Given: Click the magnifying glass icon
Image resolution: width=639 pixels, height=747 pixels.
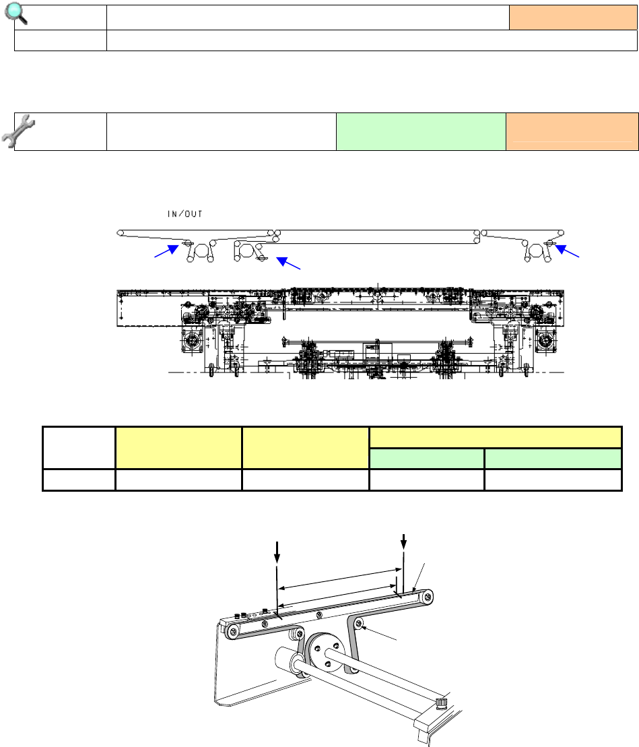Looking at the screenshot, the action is point(15,13).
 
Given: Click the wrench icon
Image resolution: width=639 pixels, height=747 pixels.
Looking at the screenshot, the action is point(18,131).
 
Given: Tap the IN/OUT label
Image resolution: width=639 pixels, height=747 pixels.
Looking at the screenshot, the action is point(184,214).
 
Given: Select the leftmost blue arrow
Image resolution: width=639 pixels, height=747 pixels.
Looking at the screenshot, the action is point(166,251).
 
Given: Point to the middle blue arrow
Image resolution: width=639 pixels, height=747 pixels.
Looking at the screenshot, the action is point(289,263).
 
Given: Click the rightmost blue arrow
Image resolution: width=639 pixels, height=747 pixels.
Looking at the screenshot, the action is point(568,251).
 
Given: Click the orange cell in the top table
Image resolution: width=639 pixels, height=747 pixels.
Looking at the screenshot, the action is point(573,18).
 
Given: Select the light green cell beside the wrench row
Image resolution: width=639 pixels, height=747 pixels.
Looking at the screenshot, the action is point(421,132).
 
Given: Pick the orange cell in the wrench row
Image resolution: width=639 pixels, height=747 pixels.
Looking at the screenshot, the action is point(572,132).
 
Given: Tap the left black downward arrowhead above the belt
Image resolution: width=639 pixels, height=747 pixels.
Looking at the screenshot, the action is point(277,558).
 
